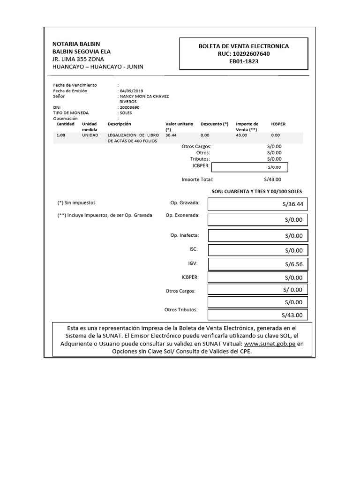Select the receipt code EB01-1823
click(x=244, y=61)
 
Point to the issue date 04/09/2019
click(x=131, y=91)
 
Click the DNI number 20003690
click(x=129, y=107)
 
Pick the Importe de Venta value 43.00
click(x=241, y=135)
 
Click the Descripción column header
click(x=119, y=124)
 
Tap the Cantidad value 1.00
click(x=61, y=135)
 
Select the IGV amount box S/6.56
click(x=258, y=264)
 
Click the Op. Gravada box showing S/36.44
click(x=258, y=204)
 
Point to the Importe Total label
click(x=197, y=180)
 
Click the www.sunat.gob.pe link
click(x=270, y=344)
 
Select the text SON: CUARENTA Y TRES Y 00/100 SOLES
click(x=257, y=192)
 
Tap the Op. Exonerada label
click(x=182, y=215)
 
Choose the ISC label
click(x=194, y=249)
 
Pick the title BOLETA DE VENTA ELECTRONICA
click(x=244, y=46)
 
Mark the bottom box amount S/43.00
click(x=258, y=315)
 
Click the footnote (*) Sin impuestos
click(x=76, y=203)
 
